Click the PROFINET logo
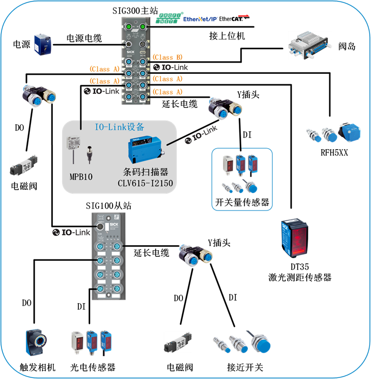(170, 18)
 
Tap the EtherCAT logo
(235, 18)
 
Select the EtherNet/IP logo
(200, 19)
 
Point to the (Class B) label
(168, 57)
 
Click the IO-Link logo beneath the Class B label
(171, 67)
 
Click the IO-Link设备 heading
(120, 127)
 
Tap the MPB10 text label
(80, 177)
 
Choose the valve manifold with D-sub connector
(310, 45)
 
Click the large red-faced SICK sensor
(295, 238)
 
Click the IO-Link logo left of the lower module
(71, 232)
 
